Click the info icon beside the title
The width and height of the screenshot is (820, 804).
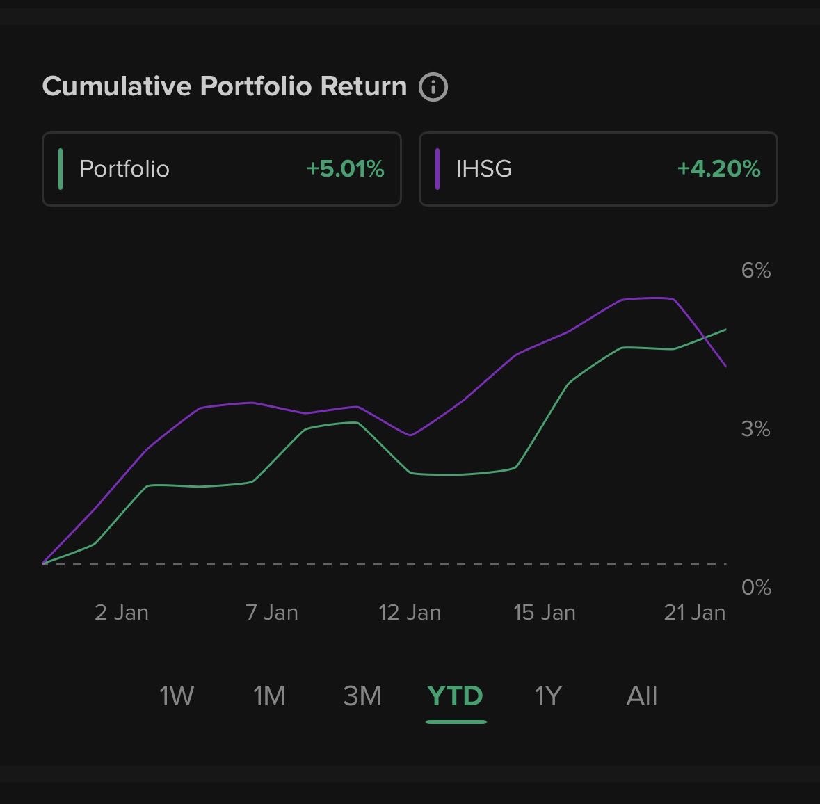click(433, 88)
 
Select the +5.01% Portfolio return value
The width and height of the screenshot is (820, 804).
click(345, 169)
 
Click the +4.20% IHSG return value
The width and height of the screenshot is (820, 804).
click(718, 169)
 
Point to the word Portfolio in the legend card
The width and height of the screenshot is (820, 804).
click(124, 169)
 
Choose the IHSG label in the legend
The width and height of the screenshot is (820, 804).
click(484, 169)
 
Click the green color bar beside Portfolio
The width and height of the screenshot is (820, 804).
click(61, 169)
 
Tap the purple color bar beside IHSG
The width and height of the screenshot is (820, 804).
click(437, 169)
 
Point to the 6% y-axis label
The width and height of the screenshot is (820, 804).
click(755, 271)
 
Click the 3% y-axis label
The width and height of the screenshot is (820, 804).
click(755, 429)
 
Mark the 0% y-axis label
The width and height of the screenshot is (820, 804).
click(755, 588)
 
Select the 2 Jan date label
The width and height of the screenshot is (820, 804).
click(122, 613)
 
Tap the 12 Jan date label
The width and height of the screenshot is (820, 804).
click(410, 613)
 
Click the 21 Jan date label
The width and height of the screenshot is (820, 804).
click(694, 613)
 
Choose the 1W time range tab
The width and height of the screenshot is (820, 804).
click(177, 696)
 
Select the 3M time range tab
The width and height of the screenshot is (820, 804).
click(362, 696)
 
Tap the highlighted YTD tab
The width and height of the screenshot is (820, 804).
click(456, 696)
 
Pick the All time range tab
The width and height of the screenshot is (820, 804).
click(641, 696)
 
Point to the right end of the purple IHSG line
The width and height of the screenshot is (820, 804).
click(725, 366)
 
